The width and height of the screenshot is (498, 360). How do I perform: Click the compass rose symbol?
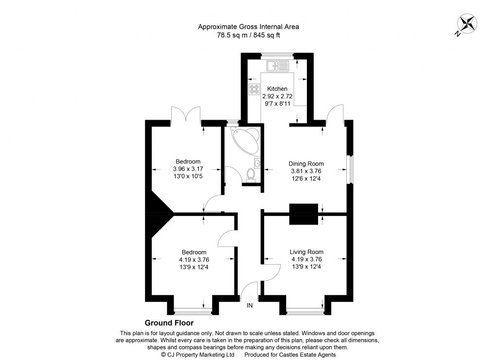tap(467, 23)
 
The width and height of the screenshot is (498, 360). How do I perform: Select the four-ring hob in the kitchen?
tap(254, 89)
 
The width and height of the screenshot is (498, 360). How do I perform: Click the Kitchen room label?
tap(277, 89)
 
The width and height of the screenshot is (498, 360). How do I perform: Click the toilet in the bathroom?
tap(251, 173)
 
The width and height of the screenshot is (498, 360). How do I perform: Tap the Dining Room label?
tap(306, 164)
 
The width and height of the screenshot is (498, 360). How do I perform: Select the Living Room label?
tap(306, 252)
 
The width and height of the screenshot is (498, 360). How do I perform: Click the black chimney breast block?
tap(303, 214)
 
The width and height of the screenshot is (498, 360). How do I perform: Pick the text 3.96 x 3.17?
tap(188, 169)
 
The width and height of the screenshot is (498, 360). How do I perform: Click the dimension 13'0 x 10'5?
tap(188, 176)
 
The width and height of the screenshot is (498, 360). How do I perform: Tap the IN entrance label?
tap(250, 306)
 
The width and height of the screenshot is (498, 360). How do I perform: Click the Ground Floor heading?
tap(169, 323)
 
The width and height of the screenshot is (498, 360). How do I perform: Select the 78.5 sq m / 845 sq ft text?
tap(249, 35)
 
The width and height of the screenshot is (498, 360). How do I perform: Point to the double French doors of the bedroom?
tap(186, 115)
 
